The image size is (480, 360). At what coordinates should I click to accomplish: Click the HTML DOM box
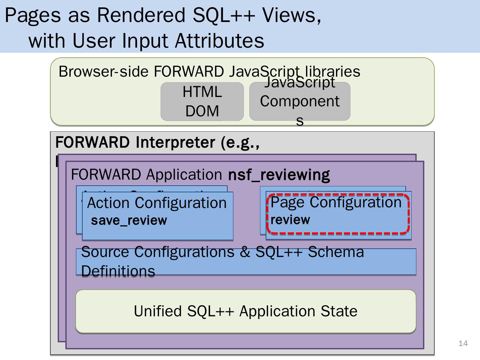point(202,101)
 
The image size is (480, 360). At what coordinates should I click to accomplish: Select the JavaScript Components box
point(300,101)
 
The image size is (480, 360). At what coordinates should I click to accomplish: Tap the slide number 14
point(463,343)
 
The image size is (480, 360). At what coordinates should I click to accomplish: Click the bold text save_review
point(129,221)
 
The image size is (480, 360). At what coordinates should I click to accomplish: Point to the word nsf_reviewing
point(279,175)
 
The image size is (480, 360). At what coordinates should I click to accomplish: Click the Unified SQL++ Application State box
point(246,311)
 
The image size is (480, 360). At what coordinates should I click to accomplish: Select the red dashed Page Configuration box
point(338,213)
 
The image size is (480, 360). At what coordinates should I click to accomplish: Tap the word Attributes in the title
point(219,41)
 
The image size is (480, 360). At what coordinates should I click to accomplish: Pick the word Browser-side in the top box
point(103,72)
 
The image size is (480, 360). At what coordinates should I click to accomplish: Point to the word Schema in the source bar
point(336,252)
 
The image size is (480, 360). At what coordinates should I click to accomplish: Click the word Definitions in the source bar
point(118,271)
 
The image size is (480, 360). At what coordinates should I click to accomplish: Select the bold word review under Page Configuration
point(290,220)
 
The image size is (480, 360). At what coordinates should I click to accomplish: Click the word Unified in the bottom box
point(158,311)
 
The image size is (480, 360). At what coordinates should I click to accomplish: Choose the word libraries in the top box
point(332,72)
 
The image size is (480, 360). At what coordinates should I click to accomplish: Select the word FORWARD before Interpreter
point(92,142)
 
